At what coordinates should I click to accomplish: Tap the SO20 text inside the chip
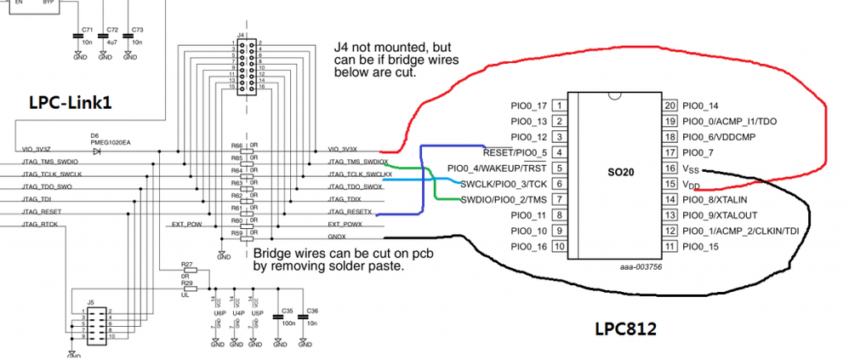pos(619,169)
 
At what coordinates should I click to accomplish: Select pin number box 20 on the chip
pos(669,106)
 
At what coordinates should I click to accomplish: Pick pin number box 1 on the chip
pos(560,106)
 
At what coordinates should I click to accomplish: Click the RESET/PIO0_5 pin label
pos(515,153)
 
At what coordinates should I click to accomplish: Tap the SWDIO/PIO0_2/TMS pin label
pos(504,200)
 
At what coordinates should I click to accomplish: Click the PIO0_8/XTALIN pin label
pos(719,200)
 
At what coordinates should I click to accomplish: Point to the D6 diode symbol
pos(96,151)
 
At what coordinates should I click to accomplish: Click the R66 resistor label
pos(236,146)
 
